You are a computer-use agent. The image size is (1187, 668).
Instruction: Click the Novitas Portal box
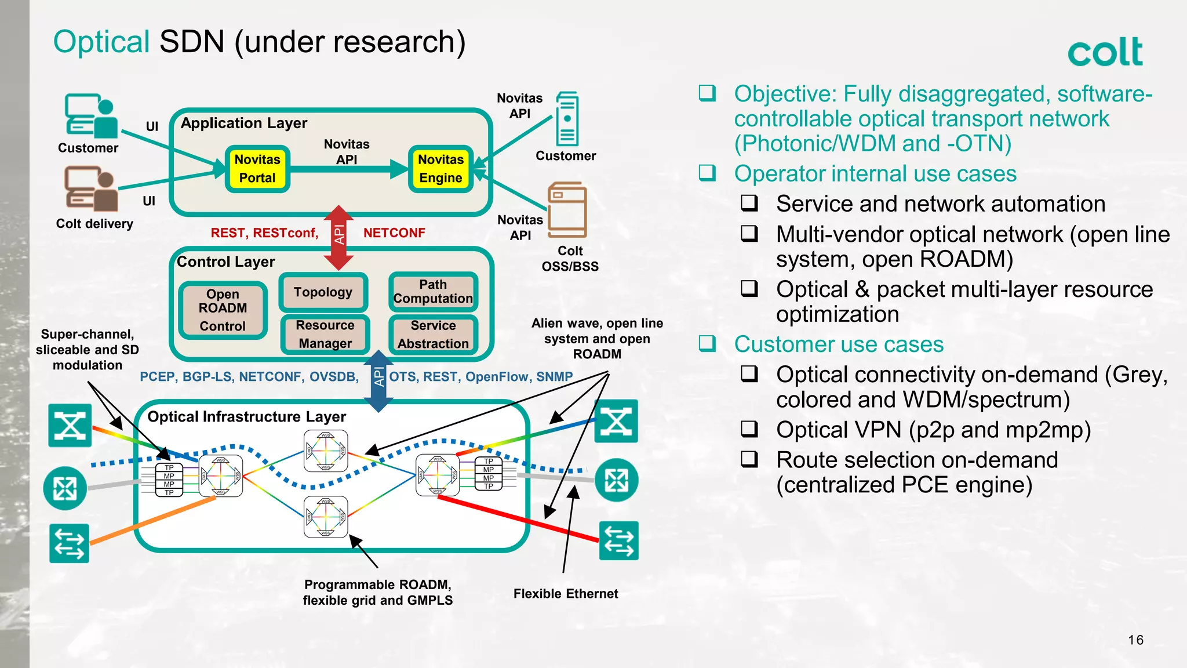click(x=257, y=169)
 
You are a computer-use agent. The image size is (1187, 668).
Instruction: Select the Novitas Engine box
click(x=440, y=169)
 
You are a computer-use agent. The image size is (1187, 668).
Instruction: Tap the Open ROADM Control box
click(x=223, y=310)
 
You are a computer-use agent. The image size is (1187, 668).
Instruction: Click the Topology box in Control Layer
click(x=323, y=292)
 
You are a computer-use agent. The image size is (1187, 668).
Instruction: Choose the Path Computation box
click(x=433, y=292)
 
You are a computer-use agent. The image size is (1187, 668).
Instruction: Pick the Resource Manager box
click(x=325, y=334)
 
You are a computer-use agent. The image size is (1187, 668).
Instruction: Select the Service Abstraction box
click(x=433, y=335)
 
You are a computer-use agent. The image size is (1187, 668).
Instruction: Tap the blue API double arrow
click(x=378, y=380)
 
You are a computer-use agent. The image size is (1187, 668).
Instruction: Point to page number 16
click(x=1135, y=640)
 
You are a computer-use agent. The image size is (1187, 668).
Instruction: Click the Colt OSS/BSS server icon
click(x=567, y=210)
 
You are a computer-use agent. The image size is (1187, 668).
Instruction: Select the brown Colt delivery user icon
click(x=91, y=189)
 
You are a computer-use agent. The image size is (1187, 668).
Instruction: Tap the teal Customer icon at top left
click(x=91, y=116)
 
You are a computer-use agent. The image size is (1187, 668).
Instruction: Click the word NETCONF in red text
click(x=394, y=233)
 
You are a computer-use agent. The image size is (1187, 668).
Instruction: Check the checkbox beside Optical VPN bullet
click(x=749, y=429)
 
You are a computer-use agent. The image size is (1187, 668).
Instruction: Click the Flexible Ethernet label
click(x=566, y=594)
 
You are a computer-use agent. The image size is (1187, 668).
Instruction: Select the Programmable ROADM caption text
click(x=377, y=592)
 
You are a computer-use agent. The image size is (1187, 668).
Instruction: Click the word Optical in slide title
click(x=101, y=42)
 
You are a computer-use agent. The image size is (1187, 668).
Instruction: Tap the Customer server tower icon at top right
click(x=567, y=119)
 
